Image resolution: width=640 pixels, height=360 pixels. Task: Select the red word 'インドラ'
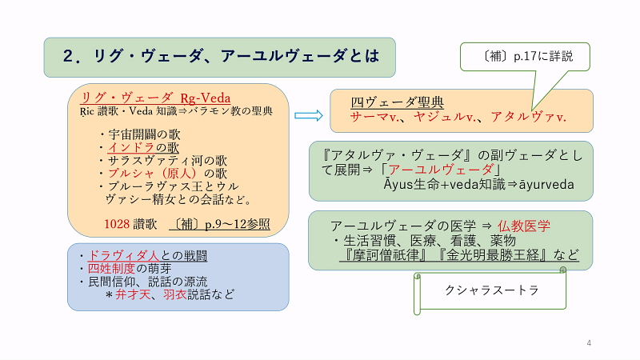pos(131,147)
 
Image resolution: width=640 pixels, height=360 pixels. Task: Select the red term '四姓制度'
pos(112,270)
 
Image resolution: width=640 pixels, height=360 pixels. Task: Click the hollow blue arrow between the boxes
pos(308,115)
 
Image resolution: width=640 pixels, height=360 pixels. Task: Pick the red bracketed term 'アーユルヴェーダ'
pos(445,170)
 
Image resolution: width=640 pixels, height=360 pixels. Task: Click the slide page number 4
pos(589,343)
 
